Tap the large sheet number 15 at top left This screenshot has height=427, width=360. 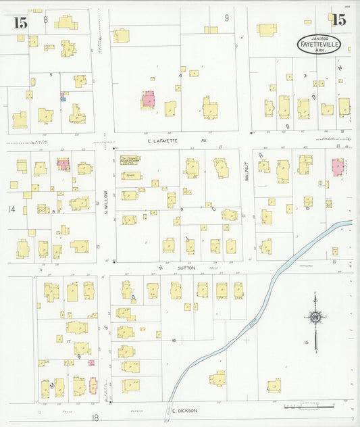(x=20, y=22)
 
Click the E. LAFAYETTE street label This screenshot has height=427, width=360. (x=169, y=141)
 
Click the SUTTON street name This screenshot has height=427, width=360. (x=186, y=268)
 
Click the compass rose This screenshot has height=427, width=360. (x=315, y=317)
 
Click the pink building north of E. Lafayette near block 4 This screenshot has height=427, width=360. (x=148, y=99)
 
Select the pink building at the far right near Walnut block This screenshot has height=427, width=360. (x=337, y=166)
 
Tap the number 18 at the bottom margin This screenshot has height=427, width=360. (x=95, y=418)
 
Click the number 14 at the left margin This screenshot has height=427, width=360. (x=11, y=209)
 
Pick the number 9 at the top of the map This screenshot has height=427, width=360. (x=227, y=17)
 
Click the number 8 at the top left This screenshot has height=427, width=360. (x=46, y=19)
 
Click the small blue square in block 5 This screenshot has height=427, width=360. (x=63, y=97)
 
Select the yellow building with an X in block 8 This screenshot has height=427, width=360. (x=43, y=209)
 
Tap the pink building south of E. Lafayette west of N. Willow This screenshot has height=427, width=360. (x=63, y=164)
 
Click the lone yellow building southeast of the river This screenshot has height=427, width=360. (x=274, y=386)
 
